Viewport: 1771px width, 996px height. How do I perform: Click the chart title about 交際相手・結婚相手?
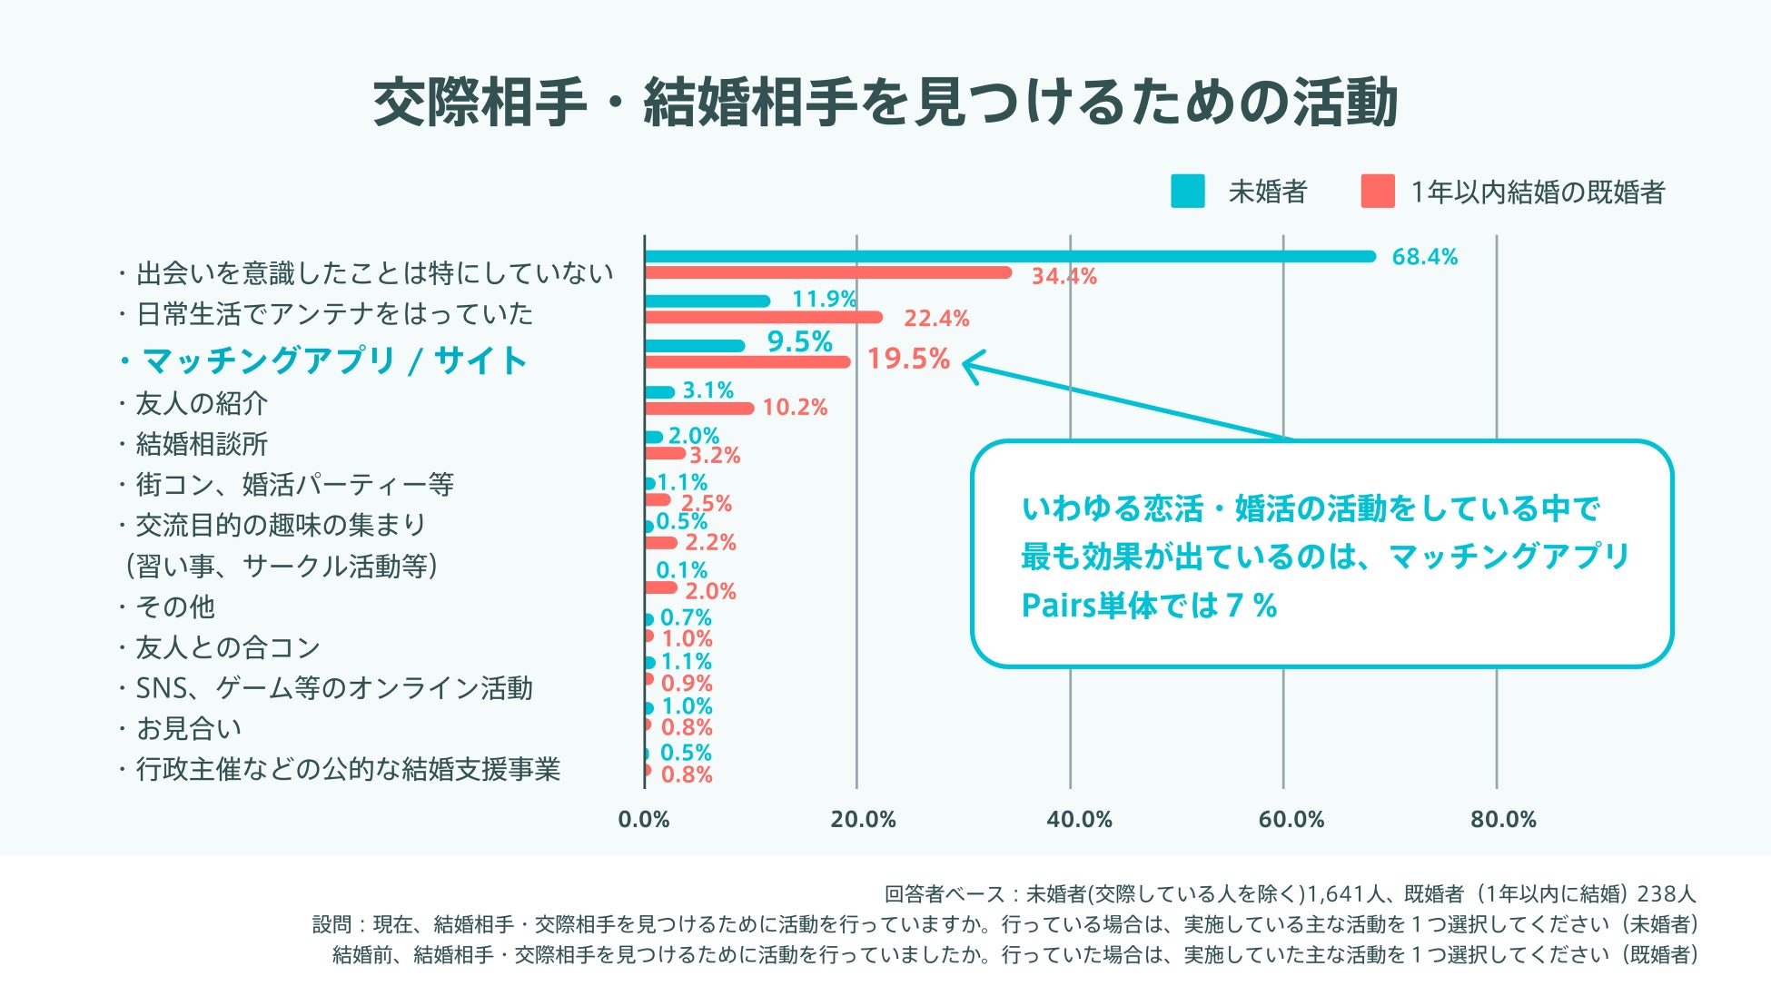click(x=885, y=102)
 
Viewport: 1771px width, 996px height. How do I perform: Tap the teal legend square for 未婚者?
click(x=1187, y=192)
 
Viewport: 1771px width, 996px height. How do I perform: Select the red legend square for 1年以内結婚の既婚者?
click(x=1377, y=192)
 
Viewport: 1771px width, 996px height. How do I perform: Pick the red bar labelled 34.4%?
click(x=827, y=272)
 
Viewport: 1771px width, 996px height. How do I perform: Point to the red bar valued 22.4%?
click(x=763, y=317)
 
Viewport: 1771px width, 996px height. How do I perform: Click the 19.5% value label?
click(x=907, y=359)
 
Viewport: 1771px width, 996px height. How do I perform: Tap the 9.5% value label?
click(x=799, y=341)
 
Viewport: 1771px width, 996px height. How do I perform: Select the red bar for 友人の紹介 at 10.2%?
click(x=699, y=408)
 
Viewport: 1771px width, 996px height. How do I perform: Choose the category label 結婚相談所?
click(x=202, y=444)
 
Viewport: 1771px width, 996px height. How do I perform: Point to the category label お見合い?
click(x=189, y=728)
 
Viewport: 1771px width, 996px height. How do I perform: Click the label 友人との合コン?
click(x=228, y=647)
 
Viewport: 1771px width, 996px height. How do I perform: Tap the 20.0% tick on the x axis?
click(x=863, y=820)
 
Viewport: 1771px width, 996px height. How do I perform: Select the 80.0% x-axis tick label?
click(x=1503, y=820)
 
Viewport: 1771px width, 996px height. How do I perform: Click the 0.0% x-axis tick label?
click(x=644, y=820)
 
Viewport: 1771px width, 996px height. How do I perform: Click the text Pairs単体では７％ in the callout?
click(x=1149, y=606)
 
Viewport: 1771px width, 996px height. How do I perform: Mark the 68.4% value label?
click(x=1424, y=257)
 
